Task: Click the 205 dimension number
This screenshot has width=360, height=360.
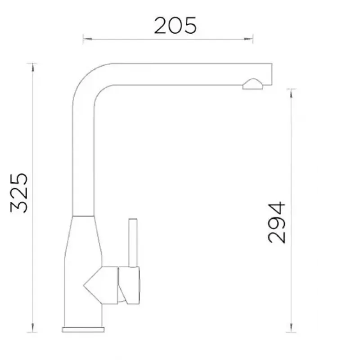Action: pyautogui.click(x=175, y=26)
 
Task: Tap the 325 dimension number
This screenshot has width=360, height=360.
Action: pyautogui.click(x=19, y=193)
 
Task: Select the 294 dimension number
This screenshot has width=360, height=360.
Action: pyautogui.click(x=276, y=222)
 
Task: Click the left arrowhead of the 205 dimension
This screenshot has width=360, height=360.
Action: pyautogui.click(x=87, y=39)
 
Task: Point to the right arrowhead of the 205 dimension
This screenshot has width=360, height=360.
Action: pyautogui.click(x=248, y=39)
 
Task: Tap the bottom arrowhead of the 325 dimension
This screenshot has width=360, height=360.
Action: pyautogui.click(x=33, y=328)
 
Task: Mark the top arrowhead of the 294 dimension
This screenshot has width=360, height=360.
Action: pyautogui.click(x=291, y=94)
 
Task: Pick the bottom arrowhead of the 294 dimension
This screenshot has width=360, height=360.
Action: pyautogui.click(x=291, y=328)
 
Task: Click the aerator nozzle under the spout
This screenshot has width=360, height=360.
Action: pyautogui.click(x=253, y=84)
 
